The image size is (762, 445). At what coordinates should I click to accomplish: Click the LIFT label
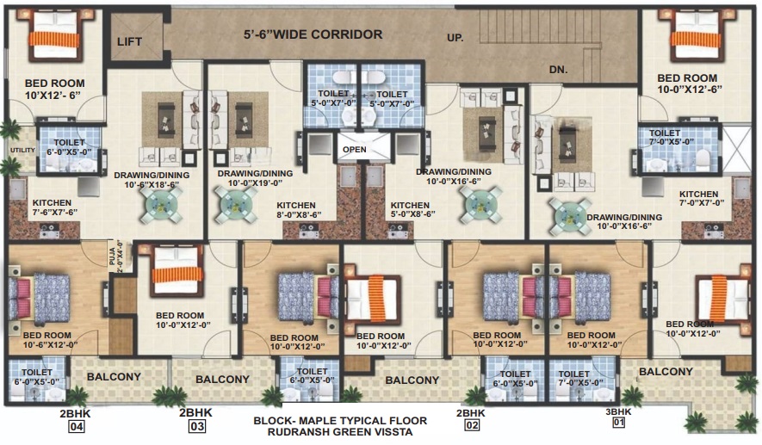[129, 42]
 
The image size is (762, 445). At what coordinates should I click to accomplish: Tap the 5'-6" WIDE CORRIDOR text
[313, 34]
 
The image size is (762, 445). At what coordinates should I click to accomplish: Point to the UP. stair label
[455, 37]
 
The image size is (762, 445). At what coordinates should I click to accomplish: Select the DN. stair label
[559, 70]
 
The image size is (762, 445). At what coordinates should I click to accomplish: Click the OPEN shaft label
[355, 149]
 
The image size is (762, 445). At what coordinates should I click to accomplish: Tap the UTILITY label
[23, 150]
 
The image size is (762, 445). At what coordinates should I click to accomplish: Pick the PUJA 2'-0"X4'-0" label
[116, 256]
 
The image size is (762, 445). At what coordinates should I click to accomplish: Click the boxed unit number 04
[77, 427]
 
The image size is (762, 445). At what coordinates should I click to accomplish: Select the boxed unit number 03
[197, 427]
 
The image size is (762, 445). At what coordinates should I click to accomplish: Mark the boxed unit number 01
[618, 422]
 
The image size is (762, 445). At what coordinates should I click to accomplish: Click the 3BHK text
[618, 412]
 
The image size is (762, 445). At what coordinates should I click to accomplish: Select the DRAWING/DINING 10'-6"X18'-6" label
[152, 180]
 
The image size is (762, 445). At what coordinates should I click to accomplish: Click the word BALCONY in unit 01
[666, 372]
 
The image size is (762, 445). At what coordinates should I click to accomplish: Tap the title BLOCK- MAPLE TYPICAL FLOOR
[340, 421]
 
